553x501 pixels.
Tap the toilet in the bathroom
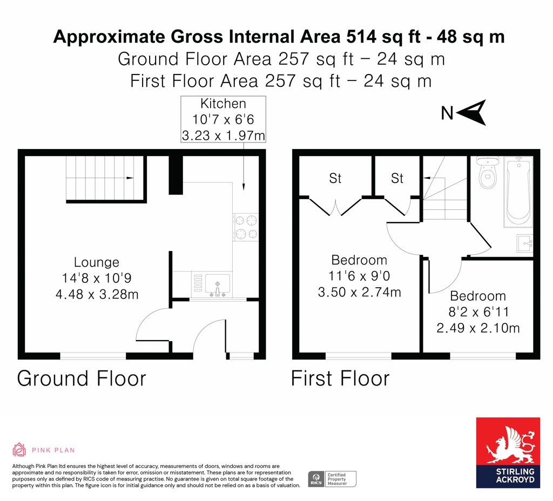click(x=488, y=172)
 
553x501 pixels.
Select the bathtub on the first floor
click(x=518, y=192)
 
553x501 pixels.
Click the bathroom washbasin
click(x=525, y=243)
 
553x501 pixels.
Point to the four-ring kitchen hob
click(x=246, y=227)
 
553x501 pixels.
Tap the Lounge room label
click(x=97, y=262)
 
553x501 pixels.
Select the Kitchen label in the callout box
click(x=223, y=104)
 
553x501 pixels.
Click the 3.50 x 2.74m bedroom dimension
click(x=359, y=292)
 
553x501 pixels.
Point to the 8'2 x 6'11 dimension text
click(x=478, y=312)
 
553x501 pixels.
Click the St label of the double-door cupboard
click(x=335, y=178)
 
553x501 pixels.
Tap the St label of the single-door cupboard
click(x=397, y=178)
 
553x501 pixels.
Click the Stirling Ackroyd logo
click(x=508, y=453)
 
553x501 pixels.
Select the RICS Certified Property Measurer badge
click(x=332, y=479)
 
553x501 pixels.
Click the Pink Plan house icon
click(x=19, y=450)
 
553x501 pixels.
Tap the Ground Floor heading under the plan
click(x=82, y=378)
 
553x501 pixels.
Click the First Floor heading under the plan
click(x=340, y=378)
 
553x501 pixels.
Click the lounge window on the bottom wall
click(x=93, y=356)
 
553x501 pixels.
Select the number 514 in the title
click(x=361, y=37)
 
